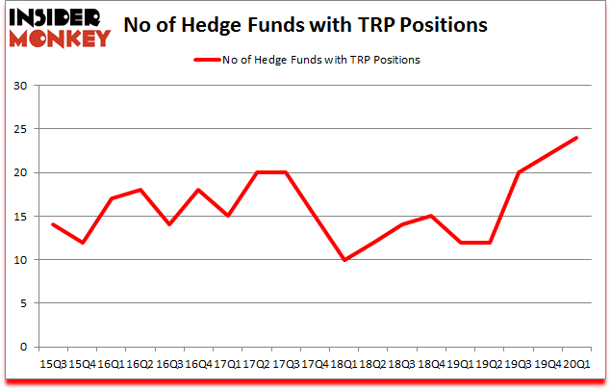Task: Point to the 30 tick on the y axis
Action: [19, 86]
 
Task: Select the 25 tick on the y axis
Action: [19, 129]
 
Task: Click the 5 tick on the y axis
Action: [23, 303]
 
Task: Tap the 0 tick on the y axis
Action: [23, 347]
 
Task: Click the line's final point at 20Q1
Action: [576, 138]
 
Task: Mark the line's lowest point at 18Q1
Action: [344, 260]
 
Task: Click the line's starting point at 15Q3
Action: [52, 224]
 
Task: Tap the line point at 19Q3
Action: [519, 172]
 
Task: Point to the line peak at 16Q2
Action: [140, 190]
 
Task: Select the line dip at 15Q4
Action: [81, 243]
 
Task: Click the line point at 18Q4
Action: [431, 216]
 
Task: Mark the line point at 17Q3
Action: [285, 172]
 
